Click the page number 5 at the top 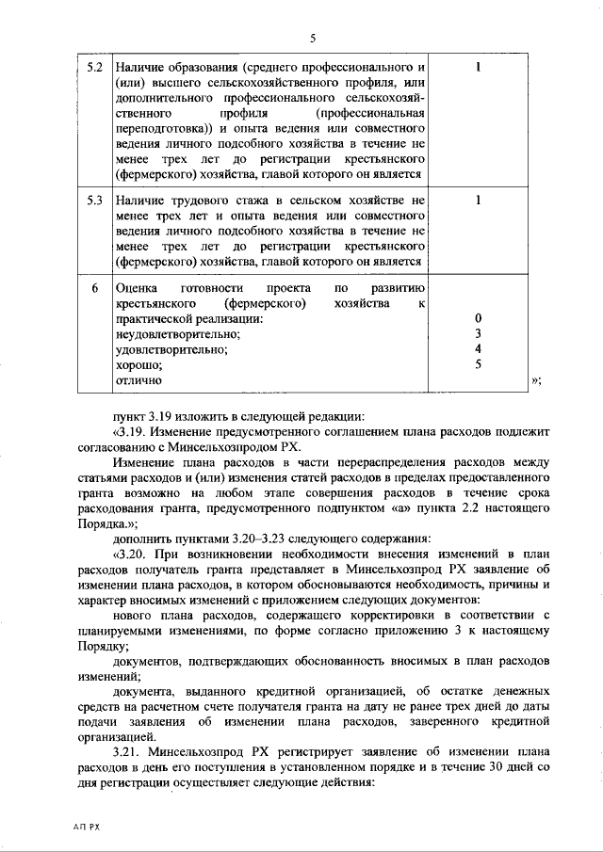[312, 38]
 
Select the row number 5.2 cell [94, 69]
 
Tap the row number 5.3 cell [94, 201]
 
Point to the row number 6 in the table [94, 287]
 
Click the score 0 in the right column [478, 318]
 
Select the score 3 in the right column [478, 333]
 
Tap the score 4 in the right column [478, 349]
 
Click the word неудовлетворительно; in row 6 [177, 334]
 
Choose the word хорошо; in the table [139, 365]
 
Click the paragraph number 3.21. [126, 754]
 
